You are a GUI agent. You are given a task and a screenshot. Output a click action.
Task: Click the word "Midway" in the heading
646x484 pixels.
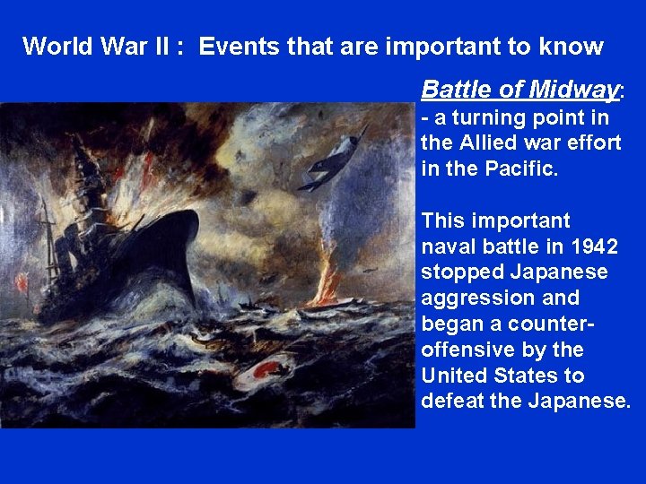[x=574, y=90]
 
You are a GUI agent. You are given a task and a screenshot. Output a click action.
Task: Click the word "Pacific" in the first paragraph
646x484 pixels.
[x=521, y=169]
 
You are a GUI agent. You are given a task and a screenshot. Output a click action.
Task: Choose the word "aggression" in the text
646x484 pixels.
[x=467, y=298]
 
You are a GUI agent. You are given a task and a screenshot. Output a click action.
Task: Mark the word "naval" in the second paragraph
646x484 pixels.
[x=448, y=246]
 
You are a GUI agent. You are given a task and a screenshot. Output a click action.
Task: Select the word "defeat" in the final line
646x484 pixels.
[x=453, y=401]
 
